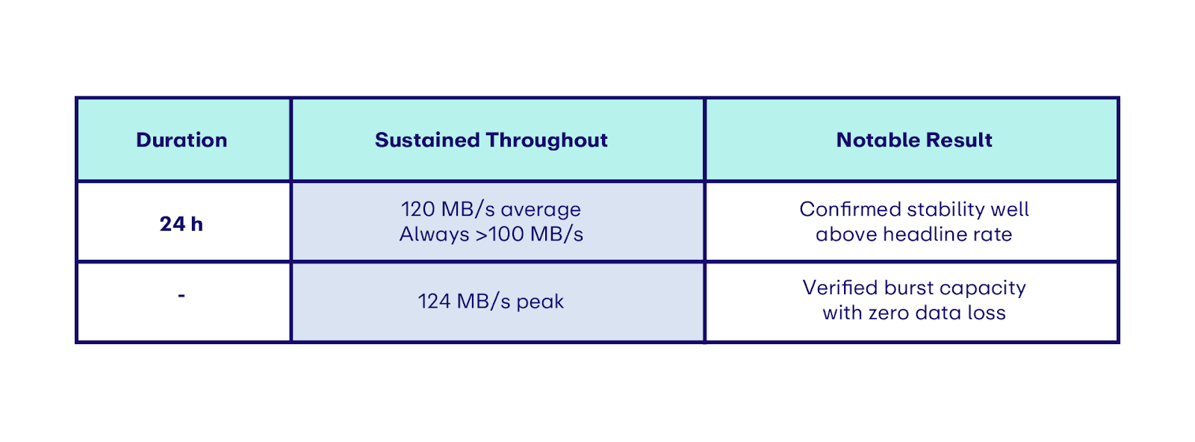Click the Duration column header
pyautogui.click(x=181, y=140)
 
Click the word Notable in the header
pyautogui.click(x=878, y=140)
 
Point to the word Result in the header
pyautogui.click(x=959, y=140)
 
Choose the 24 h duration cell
pyautogui.click(x=181, y=224)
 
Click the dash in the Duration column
pyautogui.click(x=181, y=296)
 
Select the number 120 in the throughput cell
pyautogui.click(x=418, y=209)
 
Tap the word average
pyautogui.click(x=541, y=210)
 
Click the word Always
pyautogui.click(x=434, y=234)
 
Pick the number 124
pyautogui.click(x=434, y=301)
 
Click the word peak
pyautogui.click(x=540, y=302)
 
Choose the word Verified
pyautogui.click(x=840, y=287)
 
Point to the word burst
pyautogui.click(x=908, y=287)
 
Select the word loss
pyautogui.click(x=987, y=312)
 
